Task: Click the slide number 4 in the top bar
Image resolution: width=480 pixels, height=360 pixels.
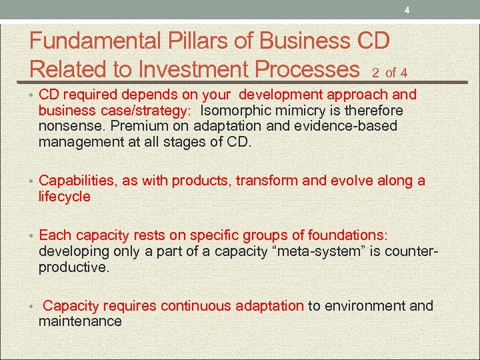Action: coord(406,9)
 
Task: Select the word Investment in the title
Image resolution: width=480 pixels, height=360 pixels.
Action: coord(199,69)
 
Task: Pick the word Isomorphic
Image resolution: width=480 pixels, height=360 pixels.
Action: coord(234,110)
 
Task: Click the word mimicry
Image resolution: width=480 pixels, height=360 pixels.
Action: coord(297,110)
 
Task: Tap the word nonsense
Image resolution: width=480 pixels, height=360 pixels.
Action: coord(69,125)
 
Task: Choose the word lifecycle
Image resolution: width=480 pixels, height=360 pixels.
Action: coord(65,197)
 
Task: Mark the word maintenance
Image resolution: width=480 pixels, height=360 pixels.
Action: coord(80,321)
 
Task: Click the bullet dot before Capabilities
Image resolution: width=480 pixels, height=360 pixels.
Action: coord(31,181)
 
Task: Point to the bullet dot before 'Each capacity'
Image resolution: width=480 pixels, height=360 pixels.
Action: coord(31,236)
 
